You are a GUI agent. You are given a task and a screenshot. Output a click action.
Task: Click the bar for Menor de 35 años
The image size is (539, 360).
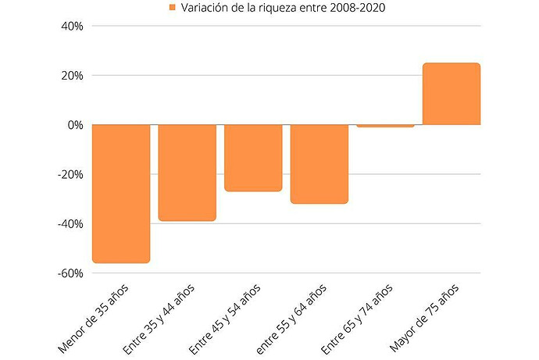pos(121,194)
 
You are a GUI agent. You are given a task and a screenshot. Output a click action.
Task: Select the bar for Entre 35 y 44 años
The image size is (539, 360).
pos(187,173)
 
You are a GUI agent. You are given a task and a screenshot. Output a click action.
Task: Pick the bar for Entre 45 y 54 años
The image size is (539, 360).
pos(253,158)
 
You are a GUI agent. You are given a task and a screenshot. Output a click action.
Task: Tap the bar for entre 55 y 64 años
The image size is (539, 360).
pos(319,164)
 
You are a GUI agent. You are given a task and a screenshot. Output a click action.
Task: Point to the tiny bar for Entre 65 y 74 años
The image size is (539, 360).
pos(385,126)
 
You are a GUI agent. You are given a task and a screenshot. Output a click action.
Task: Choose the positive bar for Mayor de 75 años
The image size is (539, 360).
pos(452,94)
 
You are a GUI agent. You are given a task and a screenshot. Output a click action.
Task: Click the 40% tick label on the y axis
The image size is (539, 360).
pos(72,26)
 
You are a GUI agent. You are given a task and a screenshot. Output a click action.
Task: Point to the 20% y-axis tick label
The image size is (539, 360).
pos(72,76)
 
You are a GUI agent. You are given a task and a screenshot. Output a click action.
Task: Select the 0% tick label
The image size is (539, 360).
pos(75,125)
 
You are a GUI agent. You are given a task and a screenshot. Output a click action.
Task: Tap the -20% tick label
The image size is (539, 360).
pos(70,174)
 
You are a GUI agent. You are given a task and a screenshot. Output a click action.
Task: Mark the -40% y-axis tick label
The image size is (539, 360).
pos(70,224)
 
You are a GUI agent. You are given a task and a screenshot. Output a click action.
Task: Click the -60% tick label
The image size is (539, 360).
pos(70,273)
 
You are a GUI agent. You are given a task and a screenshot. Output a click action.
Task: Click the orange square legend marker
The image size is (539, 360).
pos(173,7)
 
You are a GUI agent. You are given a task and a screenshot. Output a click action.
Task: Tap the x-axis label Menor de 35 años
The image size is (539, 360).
pos(93,319)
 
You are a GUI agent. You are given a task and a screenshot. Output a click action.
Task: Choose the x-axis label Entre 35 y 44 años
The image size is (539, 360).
pos(159,319)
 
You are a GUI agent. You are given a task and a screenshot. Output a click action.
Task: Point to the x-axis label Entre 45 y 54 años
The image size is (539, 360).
pos(225,319)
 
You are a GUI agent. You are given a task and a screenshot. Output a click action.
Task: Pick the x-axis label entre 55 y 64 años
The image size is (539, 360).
pos(291,319)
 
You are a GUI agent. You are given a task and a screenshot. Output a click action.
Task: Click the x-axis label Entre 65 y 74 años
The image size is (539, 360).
pos(357,319)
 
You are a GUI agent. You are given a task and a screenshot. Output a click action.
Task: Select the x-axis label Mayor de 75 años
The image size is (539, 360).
pos(424,318)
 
